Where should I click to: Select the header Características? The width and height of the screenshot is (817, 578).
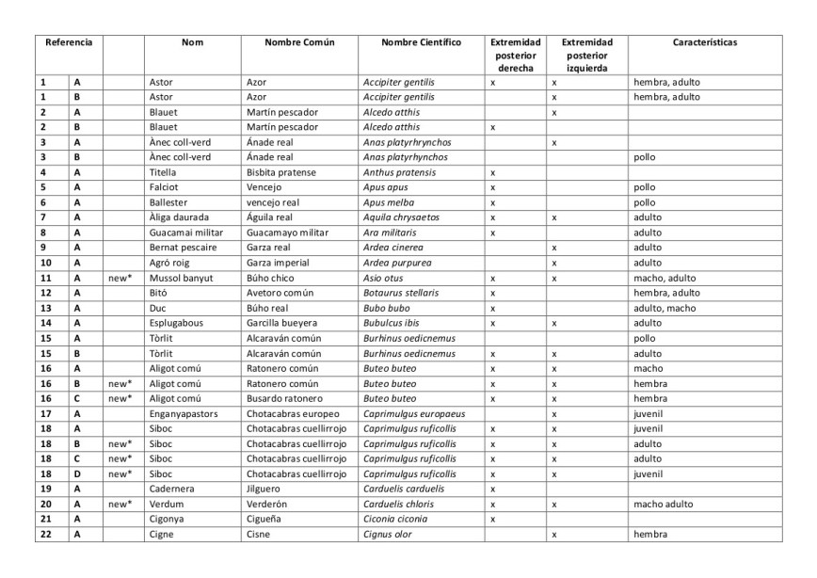click(x=704, y=43)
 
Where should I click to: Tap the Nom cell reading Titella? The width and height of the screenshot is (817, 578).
click(x=163, y=172)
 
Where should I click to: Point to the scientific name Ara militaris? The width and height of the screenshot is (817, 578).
click(x=392, y=233)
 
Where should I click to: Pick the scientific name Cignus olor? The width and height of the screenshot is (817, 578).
click(x=388, y=534)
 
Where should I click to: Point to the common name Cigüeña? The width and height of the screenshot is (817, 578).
click(x=265, y=519)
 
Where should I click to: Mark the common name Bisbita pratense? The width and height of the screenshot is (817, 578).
click(x=282, y=172)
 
